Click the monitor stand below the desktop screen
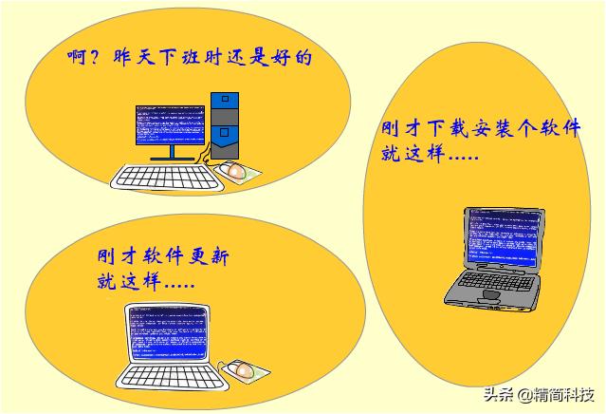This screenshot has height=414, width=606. point(171,155)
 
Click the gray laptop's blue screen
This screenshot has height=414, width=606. point(502,239)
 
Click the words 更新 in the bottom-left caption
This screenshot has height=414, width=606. point(206,256)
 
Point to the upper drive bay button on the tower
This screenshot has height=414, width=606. point(224,98)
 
